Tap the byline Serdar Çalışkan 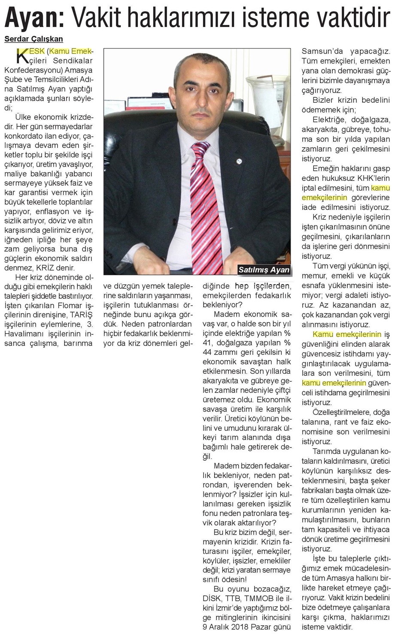(33, 39)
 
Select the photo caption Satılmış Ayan (264, 270)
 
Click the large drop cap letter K (21, 56)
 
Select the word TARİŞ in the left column (81, 315)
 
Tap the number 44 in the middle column (208, 352)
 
